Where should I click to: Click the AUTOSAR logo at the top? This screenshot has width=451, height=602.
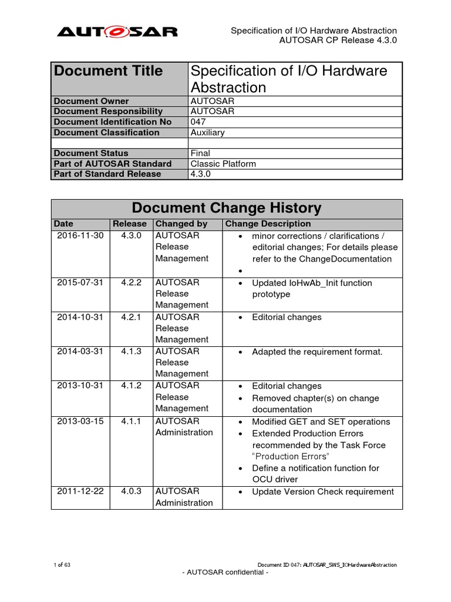(117, 32)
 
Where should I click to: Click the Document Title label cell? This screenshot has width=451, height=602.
(109, 71)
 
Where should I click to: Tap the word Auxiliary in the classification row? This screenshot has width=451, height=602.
(208, 132)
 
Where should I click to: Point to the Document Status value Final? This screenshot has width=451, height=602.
(201, 153)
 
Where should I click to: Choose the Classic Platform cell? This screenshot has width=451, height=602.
(224, 164)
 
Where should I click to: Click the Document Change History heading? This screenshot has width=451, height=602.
(227, 208)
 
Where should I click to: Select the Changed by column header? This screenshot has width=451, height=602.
(181, 224)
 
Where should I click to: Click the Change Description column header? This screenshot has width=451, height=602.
(268, 224)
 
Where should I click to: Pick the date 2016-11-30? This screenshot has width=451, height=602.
(80, 236)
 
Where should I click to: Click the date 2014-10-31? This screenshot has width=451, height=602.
(80, 317)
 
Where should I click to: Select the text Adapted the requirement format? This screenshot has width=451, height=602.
(317, 352)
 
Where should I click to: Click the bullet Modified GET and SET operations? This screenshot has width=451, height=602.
(321, 422)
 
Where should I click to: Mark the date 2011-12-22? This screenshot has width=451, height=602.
(80, 491)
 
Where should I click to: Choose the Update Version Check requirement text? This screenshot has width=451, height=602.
(323, 491)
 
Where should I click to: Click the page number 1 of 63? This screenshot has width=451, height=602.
(62, 565)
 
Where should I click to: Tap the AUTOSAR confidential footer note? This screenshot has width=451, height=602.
(226, 573)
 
